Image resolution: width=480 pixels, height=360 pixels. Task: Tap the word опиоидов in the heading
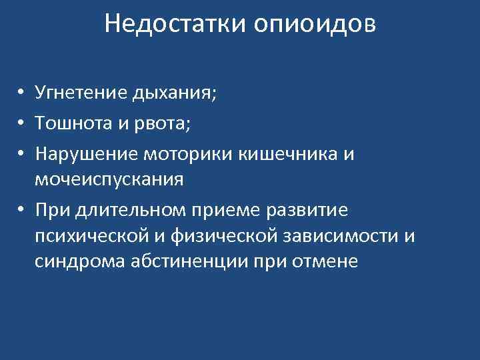314,25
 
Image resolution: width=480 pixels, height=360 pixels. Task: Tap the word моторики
197,154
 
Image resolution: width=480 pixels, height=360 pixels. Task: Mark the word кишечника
297,154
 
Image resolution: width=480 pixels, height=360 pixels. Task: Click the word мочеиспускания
109,179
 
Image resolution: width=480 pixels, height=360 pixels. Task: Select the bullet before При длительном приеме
22,210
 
